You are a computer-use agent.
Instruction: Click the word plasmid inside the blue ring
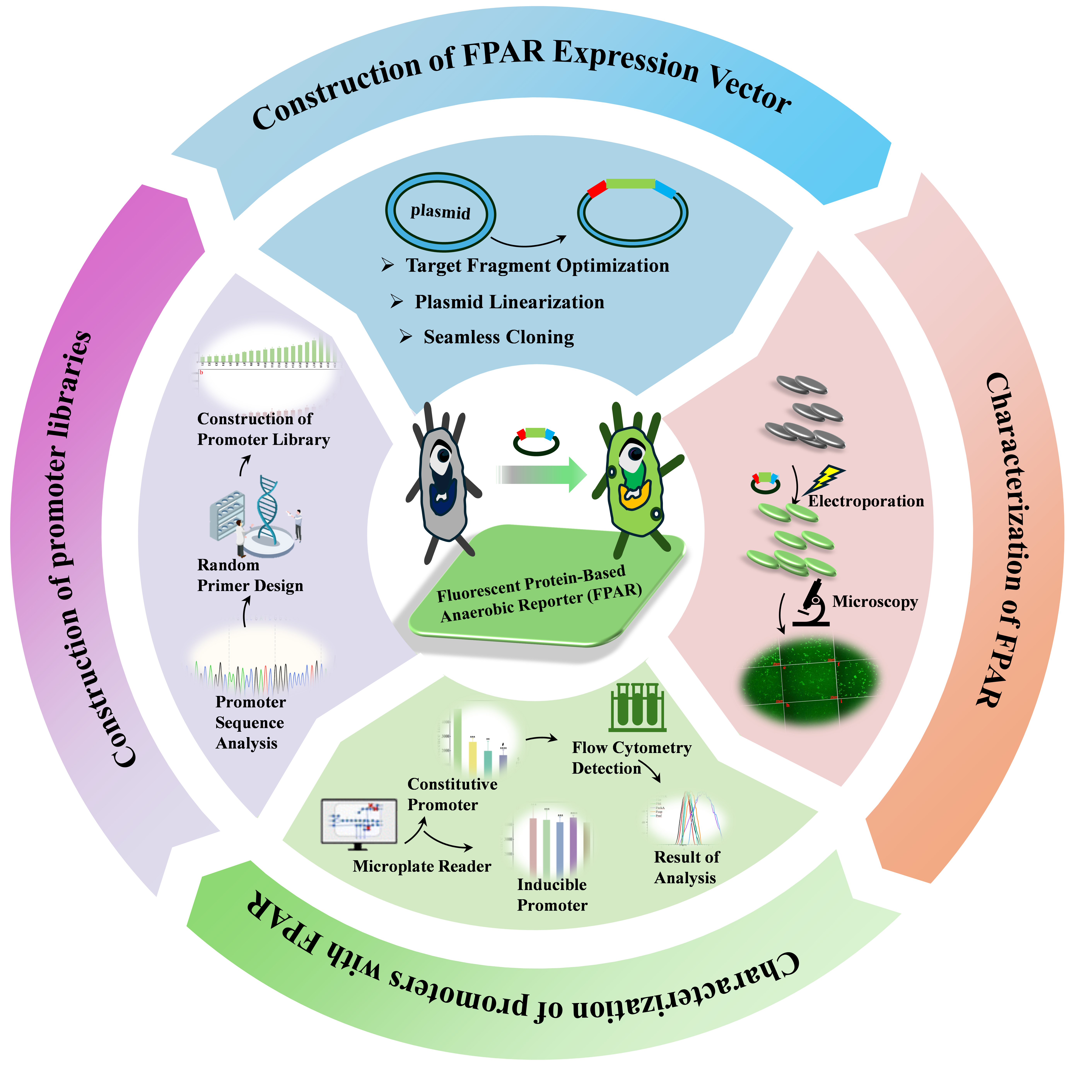440,212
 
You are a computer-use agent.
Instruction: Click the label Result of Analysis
686,867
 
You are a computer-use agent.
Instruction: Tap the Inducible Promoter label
552,895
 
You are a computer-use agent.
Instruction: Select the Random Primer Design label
250,575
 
